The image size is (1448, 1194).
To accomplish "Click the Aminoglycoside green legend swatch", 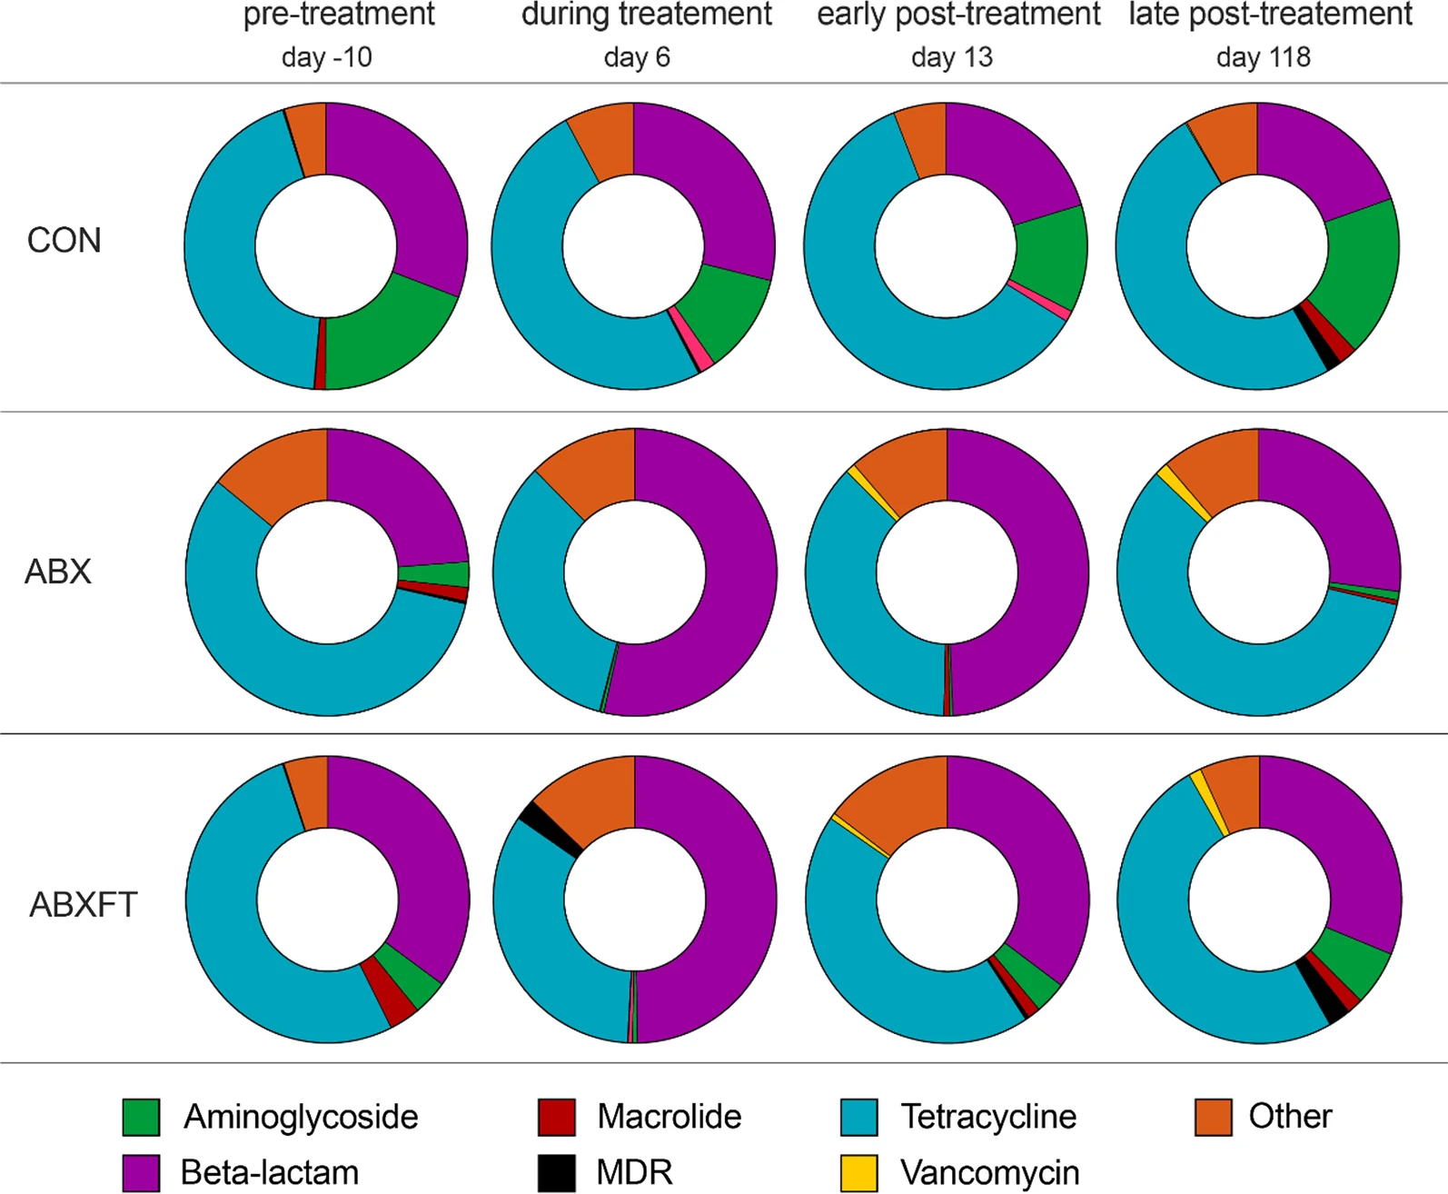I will [x=141, y=1117].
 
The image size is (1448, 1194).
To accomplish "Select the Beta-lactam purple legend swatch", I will [x=141, y=1173].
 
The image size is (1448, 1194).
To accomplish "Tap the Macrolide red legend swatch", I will [x=556, y=1117].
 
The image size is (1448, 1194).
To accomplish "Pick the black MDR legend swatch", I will [x=556, y=1173].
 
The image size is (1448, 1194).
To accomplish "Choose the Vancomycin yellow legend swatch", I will [x=858, y=1173].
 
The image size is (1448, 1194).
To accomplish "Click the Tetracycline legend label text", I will [x=988, y=1117].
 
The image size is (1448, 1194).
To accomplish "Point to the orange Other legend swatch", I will [x=1213, y=1117].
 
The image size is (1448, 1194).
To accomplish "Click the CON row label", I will [x=64, y=241].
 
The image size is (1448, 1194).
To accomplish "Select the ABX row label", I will [x=58, y=572].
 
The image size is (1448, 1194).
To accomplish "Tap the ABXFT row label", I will [x=84, y=905].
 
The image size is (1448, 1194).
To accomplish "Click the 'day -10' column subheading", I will [x=326, y=57].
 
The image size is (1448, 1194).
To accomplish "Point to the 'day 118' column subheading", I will [x=1263, y=57].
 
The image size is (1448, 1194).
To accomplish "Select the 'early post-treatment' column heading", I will [x=958, y=15].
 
